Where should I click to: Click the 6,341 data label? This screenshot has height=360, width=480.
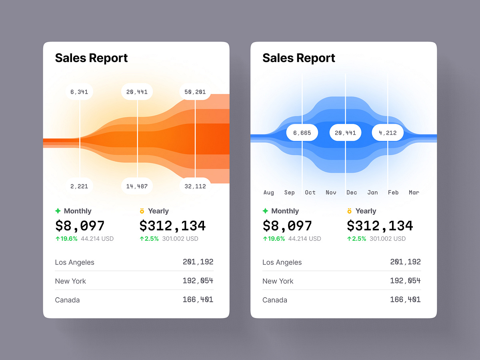click(x=79, y=92)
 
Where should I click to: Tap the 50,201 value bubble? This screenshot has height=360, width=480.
click(x=195, y=92)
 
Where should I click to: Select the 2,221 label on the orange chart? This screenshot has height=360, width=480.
click(x=79, y=186)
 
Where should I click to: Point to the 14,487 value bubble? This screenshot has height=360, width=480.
click(x=137, y=186)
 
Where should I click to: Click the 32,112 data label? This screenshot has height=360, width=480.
click(x=195, y=186)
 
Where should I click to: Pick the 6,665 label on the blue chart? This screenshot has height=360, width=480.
click(x=302, y=133)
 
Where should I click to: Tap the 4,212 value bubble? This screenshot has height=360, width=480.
click(x=388, y=133)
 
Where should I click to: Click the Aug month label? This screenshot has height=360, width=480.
click(x=269, y=192)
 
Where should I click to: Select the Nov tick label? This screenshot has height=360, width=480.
click(x=331, y=192)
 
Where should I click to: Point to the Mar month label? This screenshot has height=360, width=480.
click(x=414, y=192)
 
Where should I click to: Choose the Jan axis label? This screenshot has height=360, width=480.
click(x=372, y=192)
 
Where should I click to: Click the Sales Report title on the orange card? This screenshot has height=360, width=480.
click(x=91, y=58)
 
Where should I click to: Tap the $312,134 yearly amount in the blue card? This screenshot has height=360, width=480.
click(x=380, y=226)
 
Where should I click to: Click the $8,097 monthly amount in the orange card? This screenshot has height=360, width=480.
click(x=80, y=226)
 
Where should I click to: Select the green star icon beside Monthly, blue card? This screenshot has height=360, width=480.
click(x=265, y=211)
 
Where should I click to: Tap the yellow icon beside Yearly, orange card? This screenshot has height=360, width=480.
click(x=142, y=211)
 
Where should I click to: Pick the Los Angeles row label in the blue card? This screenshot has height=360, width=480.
click(x=282, y=262)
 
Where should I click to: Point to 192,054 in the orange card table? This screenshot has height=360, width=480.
click(x=198, y=281)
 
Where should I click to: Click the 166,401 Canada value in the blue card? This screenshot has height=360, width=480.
click(x=405, y=300)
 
